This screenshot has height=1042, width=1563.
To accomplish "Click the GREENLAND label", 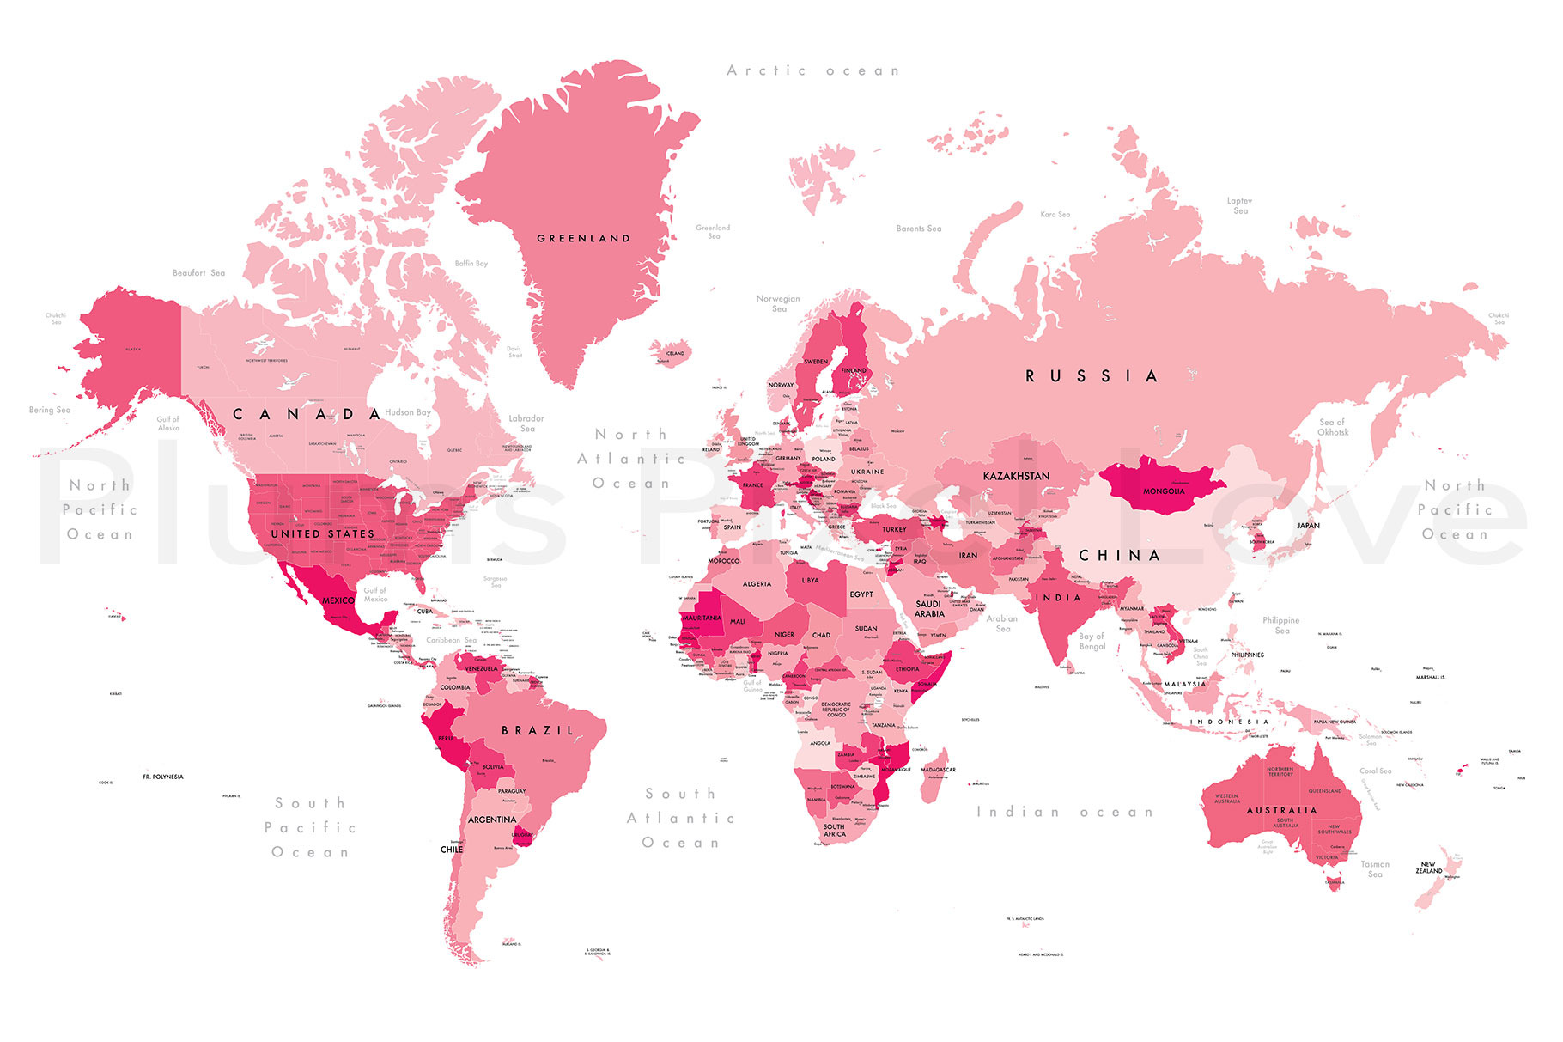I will click(583, 239).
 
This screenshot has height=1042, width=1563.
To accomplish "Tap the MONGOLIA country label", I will click(1164, 491).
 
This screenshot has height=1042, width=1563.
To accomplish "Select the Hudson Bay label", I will click(407, 413).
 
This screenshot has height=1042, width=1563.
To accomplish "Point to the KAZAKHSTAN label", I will click(1016, 476).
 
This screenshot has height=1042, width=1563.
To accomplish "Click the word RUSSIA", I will click(1092, 376).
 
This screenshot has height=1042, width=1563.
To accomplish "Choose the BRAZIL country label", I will click(538, 731).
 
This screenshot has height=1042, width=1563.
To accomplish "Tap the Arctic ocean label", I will click(812, 71).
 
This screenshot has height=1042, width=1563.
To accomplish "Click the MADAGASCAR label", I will click(938, 770).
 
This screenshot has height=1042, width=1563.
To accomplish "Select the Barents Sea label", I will click(919, 229).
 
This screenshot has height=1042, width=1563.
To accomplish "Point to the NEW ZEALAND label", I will click(1429, 868).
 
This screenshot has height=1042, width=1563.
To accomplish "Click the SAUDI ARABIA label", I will click(929, 609).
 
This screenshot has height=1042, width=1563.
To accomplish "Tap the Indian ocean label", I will click(1065, 812).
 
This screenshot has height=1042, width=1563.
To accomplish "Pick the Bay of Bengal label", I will click(1092, 642).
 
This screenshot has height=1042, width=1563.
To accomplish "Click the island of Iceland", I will click(672, 352).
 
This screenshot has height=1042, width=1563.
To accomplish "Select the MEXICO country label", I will click(338, 600).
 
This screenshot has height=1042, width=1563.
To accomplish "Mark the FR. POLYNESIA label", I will click(163, 777).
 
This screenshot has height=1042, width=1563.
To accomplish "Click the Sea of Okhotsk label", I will click(1333, 427).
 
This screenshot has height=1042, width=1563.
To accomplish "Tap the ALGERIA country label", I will click(757, 584).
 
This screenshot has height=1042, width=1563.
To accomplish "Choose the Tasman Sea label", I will click(1374, 869).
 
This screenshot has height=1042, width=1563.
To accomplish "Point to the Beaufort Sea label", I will click(198, 273).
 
